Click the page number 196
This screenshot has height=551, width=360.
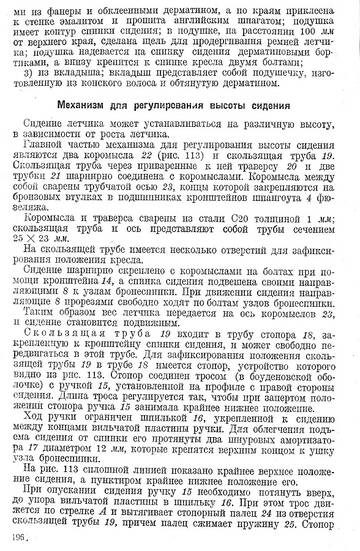[16, 537]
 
